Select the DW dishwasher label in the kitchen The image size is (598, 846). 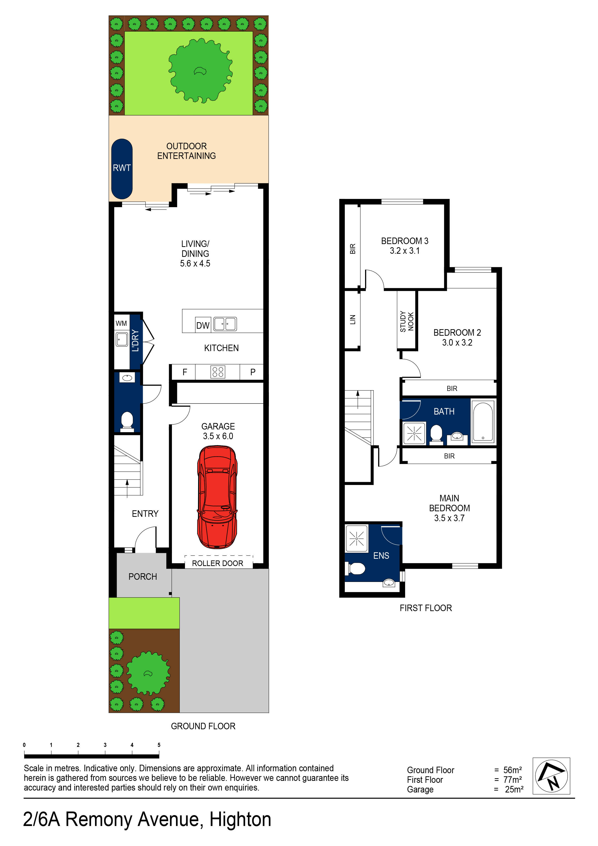[203, 325]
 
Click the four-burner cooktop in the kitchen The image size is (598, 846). [217, 372]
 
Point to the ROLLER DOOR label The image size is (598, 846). [217, 563]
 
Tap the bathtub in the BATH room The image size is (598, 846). [483, 422]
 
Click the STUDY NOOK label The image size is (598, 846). [407, 321]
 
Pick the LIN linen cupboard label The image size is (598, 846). [353, 320]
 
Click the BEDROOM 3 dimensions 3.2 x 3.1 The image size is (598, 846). [405, 251]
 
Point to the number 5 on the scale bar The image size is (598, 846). [159, 745]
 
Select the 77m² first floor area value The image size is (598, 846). [512, 780]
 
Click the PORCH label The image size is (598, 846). [143, 577]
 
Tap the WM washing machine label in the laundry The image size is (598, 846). [121, 323]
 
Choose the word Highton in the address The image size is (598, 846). [240, 819]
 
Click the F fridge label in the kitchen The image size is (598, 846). [185, 372]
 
